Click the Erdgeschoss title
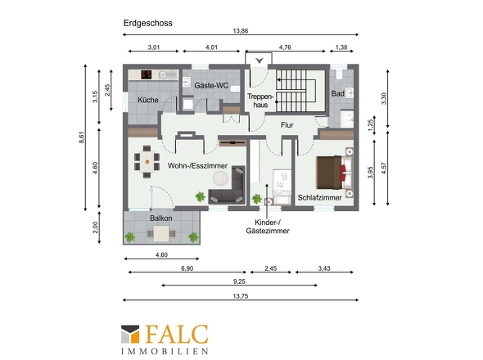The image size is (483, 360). (x=148, y=24)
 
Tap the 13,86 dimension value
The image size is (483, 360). (x=240, y=31)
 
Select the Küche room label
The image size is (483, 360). (x=148, y=100)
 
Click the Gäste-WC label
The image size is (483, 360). (x=211, y=85)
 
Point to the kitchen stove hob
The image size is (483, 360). (x=147, y=74)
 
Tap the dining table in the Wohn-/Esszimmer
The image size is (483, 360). (x=147, y=161)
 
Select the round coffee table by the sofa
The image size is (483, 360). (x=221, y=178)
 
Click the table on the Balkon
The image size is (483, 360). (x=161, y=233)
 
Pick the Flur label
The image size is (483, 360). (x=287, y=125)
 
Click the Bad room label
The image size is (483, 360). (x=337, y=93)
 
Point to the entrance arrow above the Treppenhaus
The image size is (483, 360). (x=260, y=61)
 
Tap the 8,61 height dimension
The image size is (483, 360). (x=81, y=137)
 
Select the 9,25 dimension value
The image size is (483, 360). (x=239, y=281)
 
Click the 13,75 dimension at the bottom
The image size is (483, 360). (x=240, y=296)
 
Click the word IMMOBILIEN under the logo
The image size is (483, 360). (x=165, y=351)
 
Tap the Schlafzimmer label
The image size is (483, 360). (x=320, y=198)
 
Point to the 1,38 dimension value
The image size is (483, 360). (x=341, y=47)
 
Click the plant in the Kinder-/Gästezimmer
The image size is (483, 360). (x=256, y=199)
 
